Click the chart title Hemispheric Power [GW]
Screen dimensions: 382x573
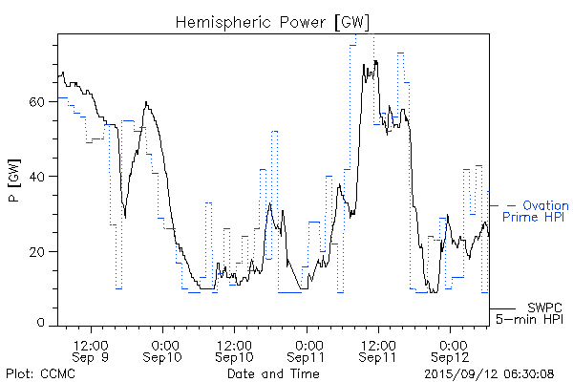tap(272, 22)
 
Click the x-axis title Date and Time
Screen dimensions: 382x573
tap(272, 373)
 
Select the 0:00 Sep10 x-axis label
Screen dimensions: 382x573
tap(163, 350)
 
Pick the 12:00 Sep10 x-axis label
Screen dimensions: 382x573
tap(235, 350)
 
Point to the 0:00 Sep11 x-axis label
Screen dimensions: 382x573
tap(307, 350)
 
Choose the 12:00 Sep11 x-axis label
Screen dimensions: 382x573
tap(378, 350)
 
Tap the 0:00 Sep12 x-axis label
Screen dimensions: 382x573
tap(451, 350)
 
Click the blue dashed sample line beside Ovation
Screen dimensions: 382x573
tap(504, 205)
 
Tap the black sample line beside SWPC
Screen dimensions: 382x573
tap(504, 308)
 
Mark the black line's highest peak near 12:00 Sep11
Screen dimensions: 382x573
tap(375, 61)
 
